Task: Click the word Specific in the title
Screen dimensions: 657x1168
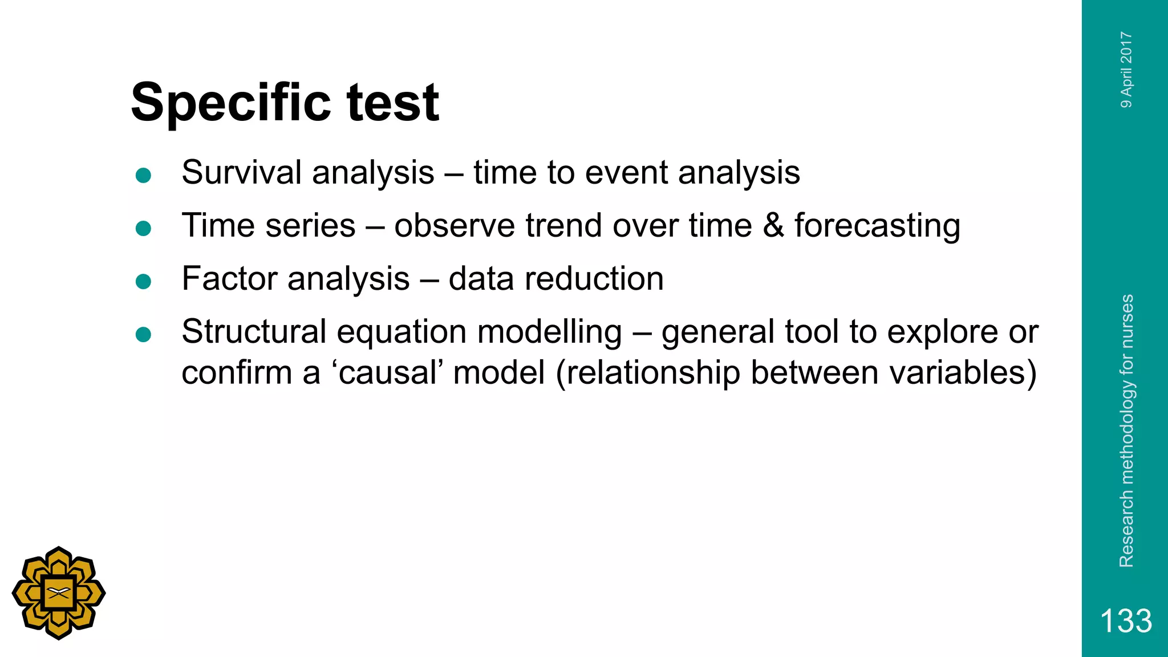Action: [230, 104]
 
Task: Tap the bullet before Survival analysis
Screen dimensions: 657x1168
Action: [143, 175]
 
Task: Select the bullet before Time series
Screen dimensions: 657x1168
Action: [143, 228]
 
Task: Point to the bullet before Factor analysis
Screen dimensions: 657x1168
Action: [143, 281]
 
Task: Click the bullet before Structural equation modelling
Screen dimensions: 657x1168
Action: [143, 334]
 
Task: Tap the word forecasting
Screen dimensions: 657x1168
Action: [877, 226]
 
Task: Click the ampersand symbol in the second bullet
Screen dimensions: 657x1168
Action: [773, 225]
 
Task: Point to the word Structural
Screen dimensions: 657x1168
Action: [253, 331]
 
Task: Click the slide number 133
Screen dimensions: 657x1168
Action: [1125, 620]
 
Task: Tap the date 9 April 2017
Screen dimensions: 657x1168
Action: [1126, 70]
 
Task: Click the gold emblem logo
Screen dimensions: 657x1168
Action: [58, 593]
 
